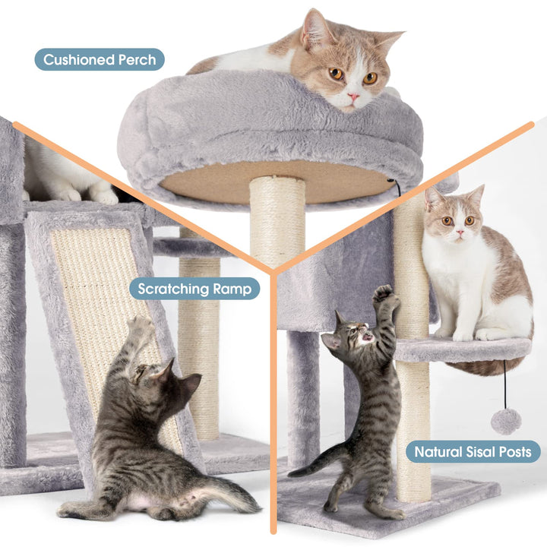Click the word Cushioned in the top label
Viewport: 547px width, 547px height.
[x=79, y=60]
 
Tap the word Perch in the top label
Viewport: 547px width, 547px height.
[x=137, y=60]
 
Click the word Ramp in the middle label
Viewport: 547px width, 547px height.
[x=232, y=289]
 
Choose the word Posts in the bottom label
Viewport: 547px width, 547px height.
[x=515, y=452]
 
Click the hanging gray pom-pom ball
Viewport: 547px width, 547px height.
[x=506, y=422]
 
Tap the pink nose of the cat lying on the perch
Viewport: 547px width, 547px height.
[x=353, y=96]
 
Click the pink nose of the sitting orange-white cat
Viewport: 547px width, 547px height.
[x=460, y=232]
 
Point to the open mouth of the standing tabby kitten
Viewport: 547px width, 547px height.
[x=368, y=337]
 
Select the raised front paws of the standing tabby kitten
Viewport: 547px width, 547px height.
[x=384, y=296]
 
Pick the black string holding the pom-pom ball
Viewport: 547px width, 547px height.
[x=504, y=384]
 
